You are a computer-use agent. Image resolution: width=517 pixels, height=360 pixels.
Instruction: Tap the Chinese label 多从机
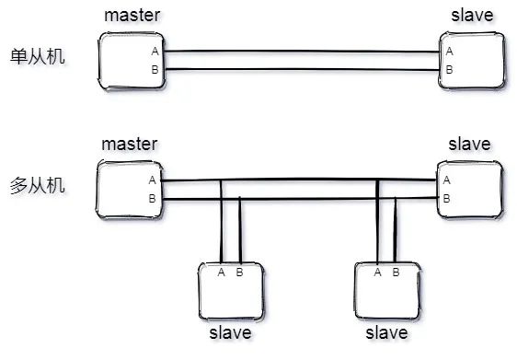tap(39, 185)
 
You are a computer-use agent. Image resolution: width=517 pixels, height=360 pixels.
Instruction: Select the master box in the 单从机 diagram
tap(131, 60)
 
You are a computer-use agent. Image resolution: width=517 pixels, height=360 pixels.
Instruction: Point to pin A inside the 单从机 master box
tap(155, 52)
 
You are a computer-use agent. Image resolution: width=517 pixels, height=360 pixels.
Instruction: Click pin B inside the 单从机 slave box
tap(449, 69)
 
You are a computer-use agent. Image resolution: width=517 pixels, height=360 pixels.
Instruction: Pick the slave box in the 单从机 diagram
tap(471, 60)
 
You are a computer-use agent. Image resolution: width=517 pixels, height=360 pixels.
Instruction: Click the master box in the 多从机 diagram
tap(131, 189)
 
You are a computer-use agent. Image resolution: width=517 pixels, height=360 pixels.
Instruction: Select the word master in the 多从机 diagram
tap(130, 145)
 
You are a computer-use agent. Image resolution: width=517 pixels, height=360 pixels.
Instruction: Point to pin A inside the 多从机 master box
tap(153, 180)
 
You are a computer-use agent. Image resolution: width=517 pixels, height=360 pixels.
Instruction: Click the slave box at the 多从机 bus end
tap(471, 189)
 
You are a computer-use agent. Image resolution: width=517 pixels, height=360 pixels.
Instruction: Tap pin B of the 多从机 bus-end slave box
tap(447, 198)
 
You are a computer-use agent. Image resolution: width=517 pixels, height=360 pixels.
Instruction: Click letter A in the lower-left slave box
tap(222, 272)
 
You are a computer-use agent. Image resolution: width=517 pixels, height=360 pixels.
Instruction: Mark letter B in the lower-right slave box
tap(396, 272)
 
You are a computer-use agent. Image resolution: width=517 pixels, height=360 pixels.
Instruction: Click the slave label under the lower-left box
tap(231, 332)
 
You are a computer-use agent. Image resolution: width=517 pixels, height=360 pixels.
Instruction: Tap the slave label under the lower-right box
tap(387, 332)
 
